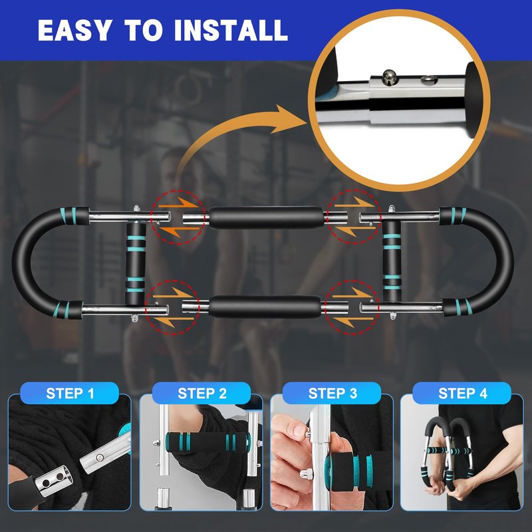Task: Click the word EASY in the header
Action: click(74, 30)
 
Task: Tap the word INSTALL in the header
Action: click(231, 30)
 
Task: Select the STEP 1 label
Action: click(70, 393)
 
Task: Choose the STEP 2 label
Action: click(202, 393)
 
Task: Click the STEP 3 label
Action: click(332, 393)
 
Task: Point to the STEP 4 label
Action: click(462, 393)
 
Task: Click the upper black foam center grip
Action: click(267, 217)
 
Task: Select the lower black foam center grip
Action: click(265, 307)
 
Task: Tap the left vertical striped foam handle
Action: click(136, 263)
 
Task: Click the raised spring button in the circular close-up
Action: click(388, 76)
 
